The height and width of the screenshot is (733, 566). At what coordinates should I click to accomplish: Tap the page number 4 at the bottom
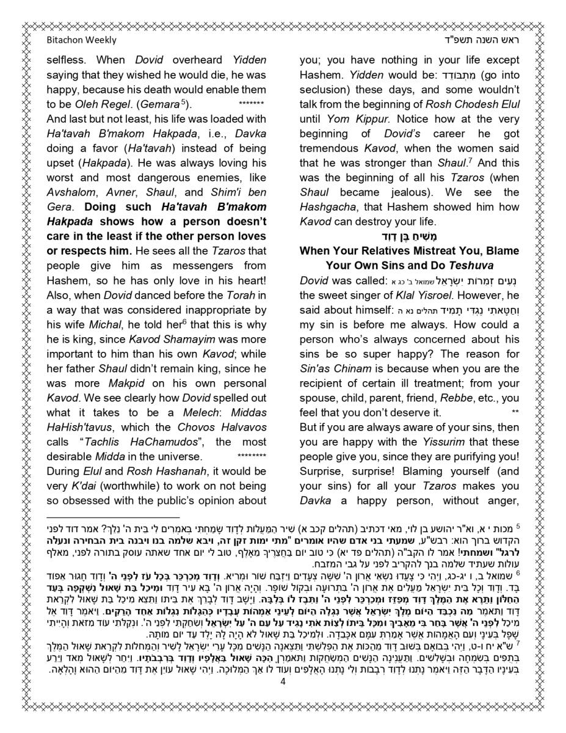click(x=283, y=682)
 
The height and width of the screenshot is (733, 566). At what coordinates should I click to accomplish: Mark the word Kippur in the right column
click(x=373, y=119)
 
